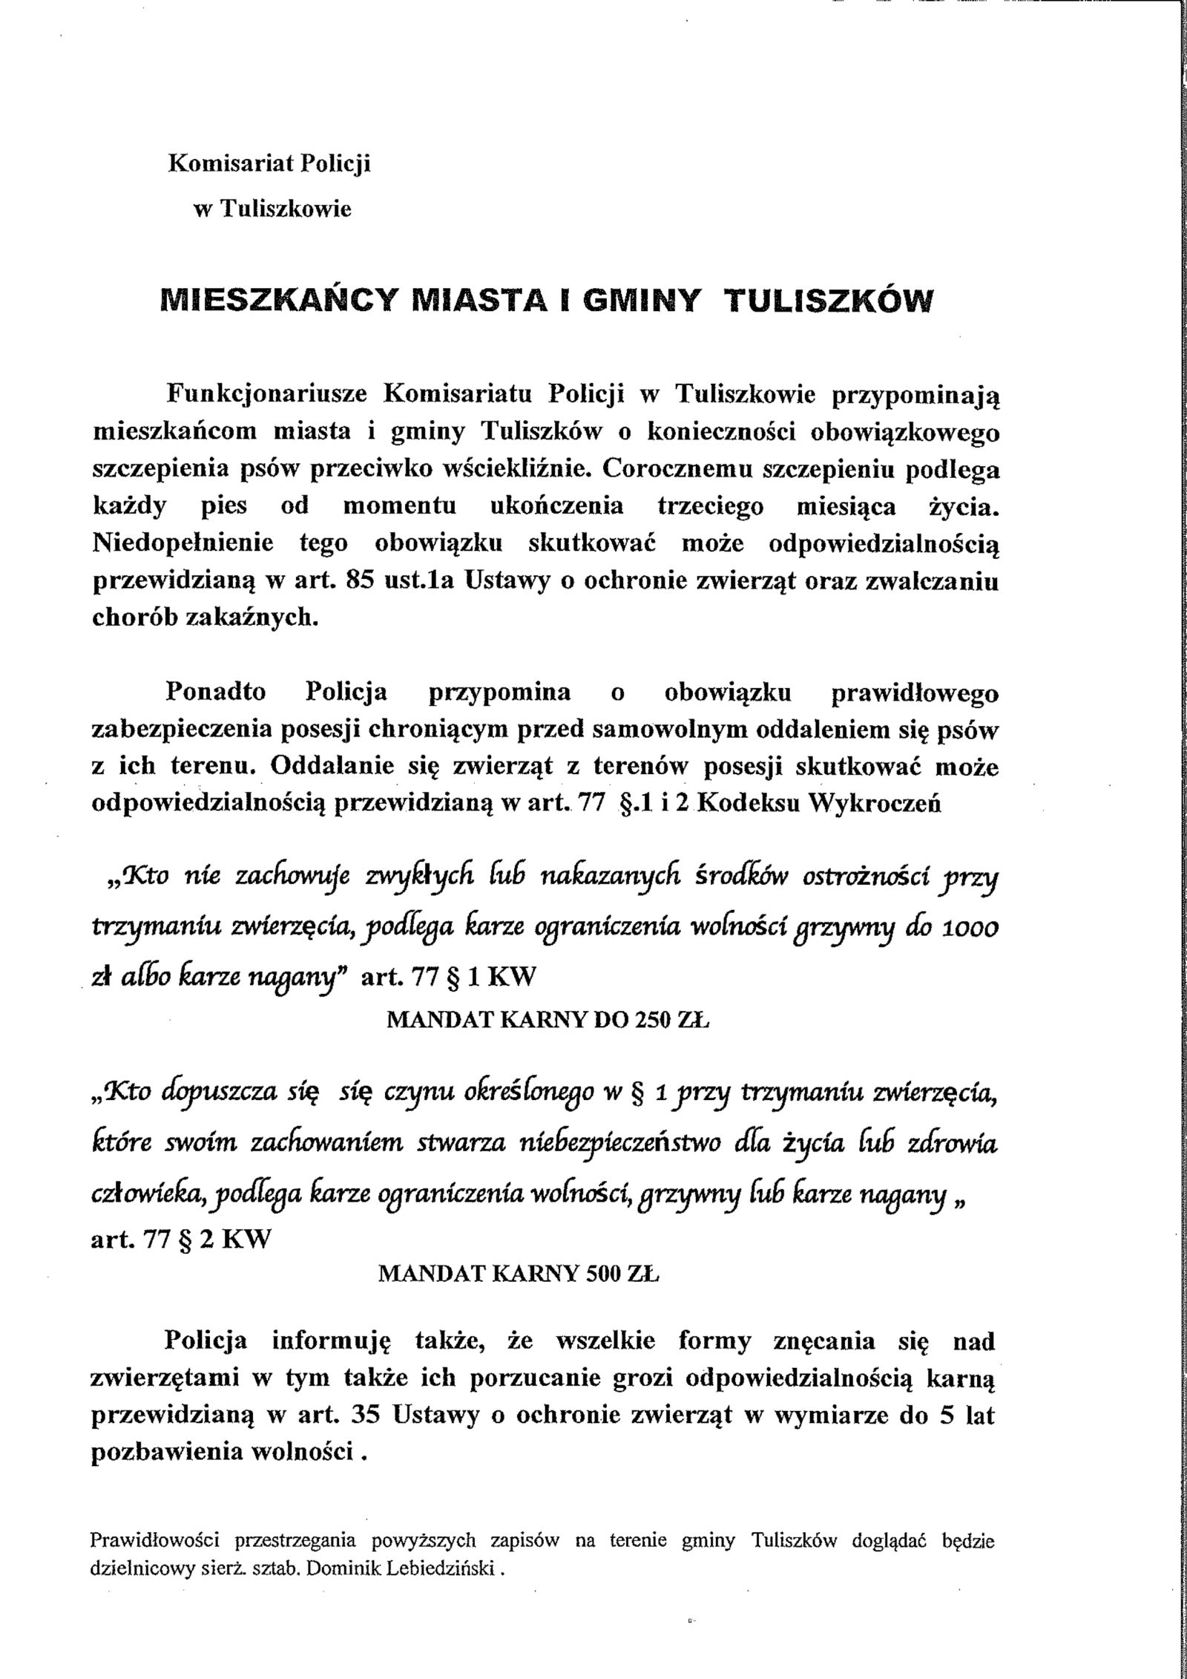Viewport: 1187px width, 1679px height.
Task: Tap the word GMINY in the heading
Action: tap(640, 301)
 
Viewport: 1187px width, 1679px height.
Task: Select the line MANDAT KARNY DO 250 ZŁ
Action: tap(548, 1021)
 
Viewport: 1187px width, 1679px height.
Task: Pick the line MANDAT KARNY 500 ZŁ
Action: tap(519, 1274)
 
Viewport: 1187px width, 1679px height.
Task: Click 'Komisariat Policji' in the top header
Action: tap(270, 163)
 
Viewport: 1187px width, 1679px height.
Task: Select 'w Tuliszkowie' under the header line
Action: tap(272, 209)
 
